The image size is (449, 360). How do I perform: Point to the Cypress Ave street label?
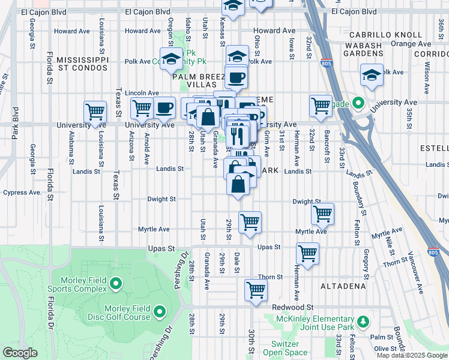click(x=22, y=193)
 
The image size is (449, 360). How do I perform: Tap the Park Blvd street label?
click(x=15, y=124)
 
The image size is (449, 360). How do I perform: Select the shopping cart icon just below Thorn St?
click(x=256, y=290)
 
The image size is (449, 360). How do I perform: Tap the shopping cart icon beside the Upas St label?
click(x=307, y=253)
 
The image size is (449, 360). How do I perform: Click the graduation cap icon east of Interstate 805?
click(x=372, y=75)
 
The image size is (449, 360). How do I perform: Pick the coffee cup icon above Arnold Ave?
click(x=164, y=108)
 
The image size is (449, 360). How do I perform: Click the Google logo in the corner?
click(x=20, y=352)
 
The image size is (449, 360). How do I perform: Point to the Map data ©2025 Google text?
click(x=412, y=355)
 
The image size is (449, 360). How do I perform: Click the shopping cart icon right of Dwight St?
click(x=322, y=213)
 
